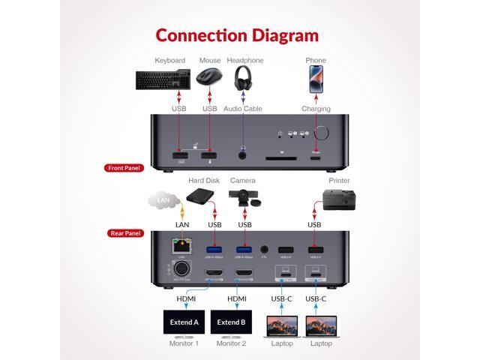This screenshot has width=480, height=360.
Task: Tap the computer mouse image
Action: pyautogui.click(x=209, y=76)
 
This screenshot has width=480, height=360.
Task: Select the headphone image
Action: pyautogui.click(x=244, y=78)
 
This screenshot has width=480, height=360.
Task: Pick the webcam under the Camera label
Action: pyautogui.click(x=244, y=198)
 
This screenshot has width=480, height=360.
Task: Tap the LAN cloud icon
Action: pyautogui.click(x=163, y=201)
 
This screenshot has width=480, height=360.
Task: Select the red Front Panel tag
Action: pyautogui.click(x=123, y=169)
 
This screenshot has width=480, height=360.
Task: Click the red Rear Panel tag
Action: pyautogui.click(x=123, y=233)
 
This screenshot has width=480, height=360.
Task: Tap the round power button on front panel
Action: pyautogui.click(x=325, y=134)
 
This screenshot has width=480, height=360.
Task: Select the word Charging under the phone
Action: pyautogui.click(x=316, y=109)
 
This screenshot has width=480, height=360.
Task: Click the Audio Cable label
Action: pyautogui.click(x=243, y=109)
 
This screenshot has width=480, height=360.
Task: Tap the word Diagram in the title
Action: pyautogui.click(x=280, y=34)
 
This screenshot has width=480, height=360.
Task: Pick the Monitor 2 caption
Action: pyautogui.click(x=232, y=343)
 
